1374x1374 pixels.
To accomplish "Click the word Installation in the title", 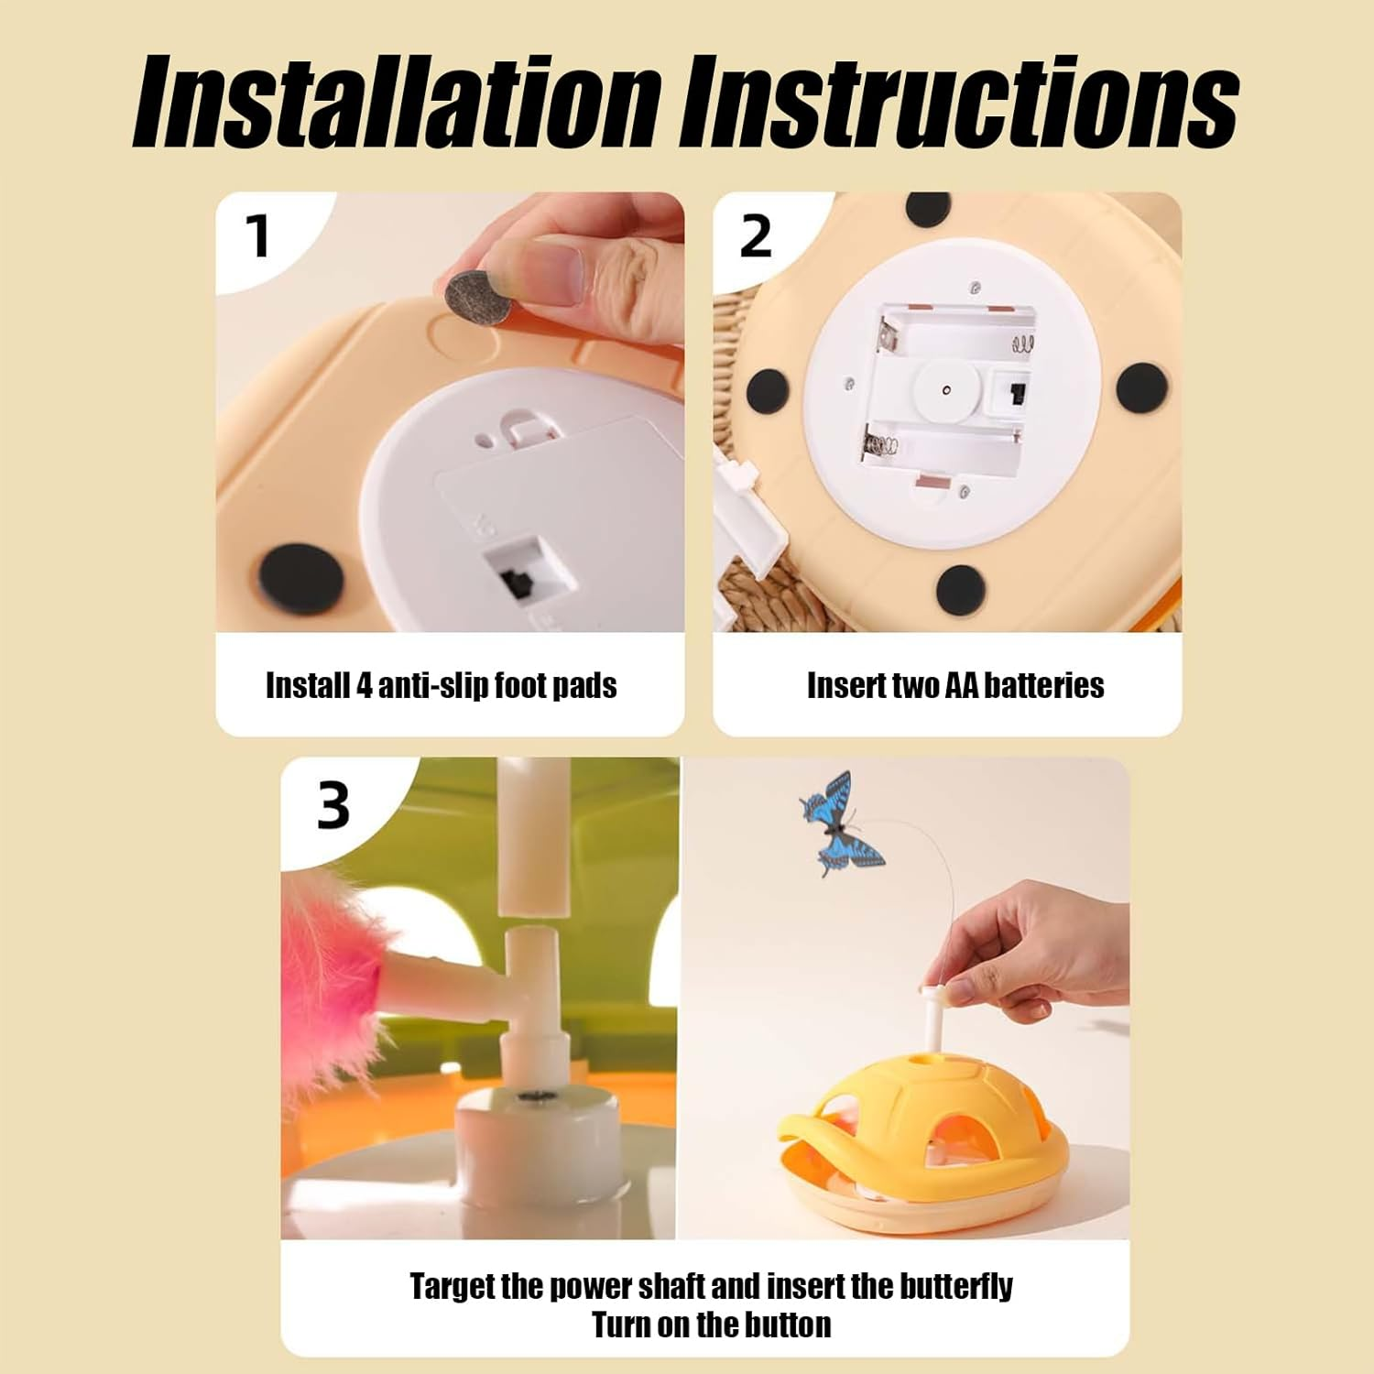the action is click(397, 102).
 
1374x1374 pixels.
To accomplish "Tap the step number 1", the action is click(259, 236).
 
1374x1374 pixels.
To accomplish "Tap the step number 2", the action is click(756, 236).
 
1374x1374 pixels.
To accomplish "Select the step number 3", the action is click(333, 806).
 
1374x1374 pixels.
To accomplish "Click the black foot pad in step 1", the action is click(301, 581).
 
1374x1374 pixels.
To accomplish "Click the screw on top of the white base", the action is click(529, 1096).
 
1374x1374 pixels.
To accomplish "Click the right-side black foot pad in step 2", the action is click(1141, 388).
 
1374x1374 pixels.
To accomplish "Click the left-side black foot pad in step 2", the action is click(768, 392).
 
